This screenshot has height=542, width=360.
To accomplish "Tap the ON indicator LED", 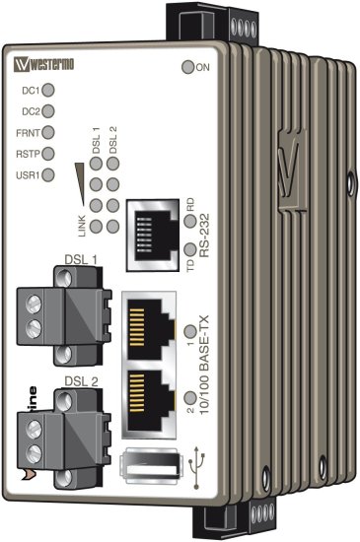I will [188, 67].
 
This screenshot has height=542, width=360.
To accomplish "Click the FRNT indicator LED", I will [47, 132].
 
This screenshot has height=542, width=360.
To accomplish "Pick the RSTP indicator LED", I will [47, 154].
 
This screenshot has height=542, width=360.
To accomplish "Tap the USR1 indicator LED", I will [47, 175].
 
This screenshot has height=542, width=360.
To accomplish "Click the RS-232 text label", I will [204, 237].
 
